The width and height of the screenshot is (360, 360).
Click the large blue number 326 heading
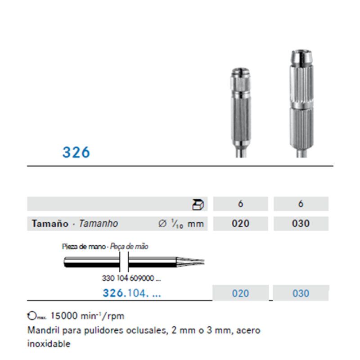point(76,152)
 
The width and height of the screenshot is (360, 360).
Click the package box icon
point(198,204)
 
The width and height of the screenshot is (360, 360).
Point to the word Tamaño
point(50,224)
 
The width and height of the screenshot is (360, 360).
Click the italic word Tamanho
point(98,224)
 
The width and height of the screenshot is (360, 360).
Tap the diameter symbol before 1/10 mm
point(163,224)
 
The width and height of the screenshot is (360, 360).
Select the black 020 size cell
point(240,224)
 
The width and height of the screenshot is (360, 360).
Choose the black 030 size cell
point(300,224)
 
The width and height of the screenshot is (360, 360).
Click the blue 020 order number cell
point(240,293)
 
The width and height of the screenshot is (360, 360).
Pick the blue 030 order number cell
point(300,293)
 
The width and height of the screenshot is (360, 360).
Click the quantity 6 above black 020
point(240,204)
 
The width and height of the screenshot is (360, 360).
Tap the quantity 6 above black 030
point(301,204)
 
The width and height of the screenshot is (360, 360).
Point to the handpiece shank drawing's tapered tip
point(191,261)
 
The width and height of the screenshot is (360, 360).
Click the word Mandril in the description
point(42,330)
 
